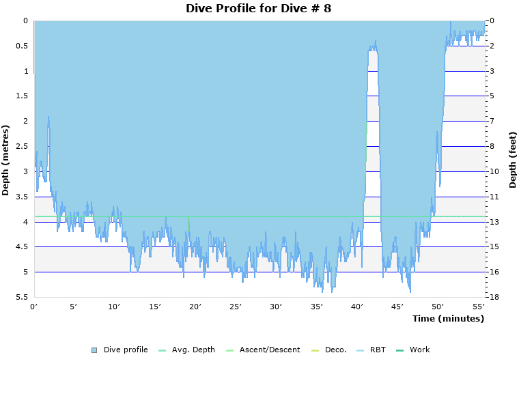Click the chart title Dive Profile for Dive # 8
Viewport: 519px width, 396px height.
[259, 8]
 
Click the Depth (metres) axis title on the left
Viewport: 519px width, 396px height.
[6, 160]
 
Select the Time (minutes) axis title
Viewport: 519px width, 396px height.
[447, 319]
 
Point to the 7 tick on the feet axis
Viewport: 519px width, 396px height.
[492, 122]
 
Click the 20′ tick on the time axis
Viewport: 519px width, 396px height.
[195, 307]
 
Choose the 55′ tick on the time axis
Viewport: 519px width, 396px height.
[478, 307]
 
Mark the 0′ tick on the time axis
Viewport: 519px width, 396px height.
[34, 307]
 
